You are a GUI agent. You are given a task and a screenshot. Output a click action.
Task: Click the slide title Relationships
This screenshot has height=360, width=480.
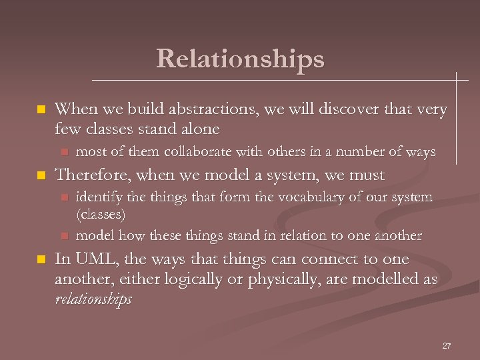(240, 59)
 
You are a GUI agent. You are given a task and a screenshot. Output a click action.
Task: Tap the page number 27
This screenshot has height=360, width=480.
(447, 346)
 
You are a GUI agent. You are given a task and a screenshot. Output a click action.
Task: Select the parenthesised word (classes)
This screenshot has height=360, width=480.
(101, 215)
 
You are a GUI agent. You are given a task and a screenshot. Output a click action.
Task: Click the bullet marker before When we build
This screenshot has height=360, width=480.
(41, 109)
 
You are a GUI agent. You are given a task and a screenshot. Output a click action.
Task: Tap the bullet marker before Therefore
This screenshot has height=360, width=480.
(41, 176)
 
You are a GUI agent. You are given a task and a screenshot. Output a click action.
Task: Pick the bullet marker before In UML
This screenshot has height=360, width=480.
(41, 260)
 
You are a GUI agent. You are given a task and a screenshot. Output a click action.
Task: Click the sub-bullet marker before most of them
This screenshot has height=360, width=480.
(65, 153)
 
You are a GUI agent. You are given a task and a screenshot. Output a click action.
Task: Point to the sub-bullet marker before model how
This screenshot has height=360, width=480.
(65, 236)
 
